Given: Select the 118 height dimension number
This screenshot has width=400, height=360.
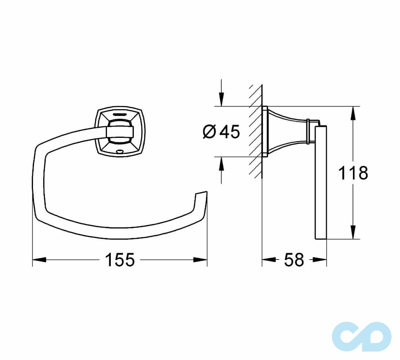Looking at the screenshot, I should coord(353,173).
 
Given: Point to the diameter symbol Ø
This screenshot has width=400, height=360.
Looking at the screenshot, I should coord(210,132).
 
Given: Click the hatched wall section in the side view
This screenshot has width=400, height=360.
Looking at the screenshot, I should coord(256,131).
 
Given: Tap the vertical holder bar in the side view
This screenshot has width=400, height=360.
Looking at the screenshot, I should coord(321,182).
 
